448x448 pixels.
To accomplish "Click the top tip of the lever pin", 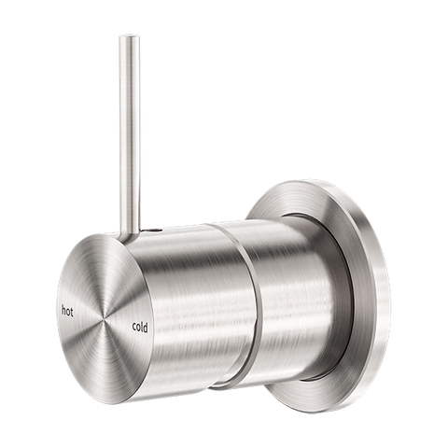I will (x=124, y=37).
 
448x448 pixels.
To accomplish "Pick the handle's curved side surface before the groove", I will (x=187, y=299).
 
